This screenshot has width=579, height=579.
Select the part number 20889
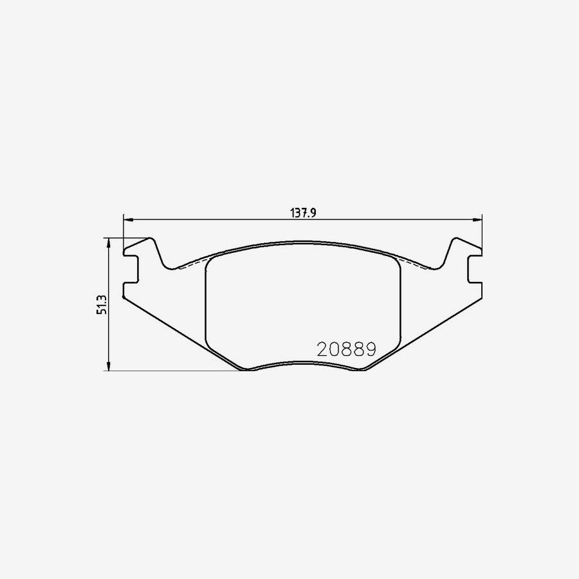(346, 349)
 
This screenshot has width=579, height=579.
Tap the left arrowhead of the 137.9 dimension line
(127, 220)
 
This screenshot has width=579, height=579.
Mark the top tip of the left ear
(151, 239)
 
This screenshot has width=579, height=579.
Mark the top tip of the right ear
(455, 239)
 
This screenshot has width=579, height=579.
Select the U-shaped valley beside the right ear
(436, 266)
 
